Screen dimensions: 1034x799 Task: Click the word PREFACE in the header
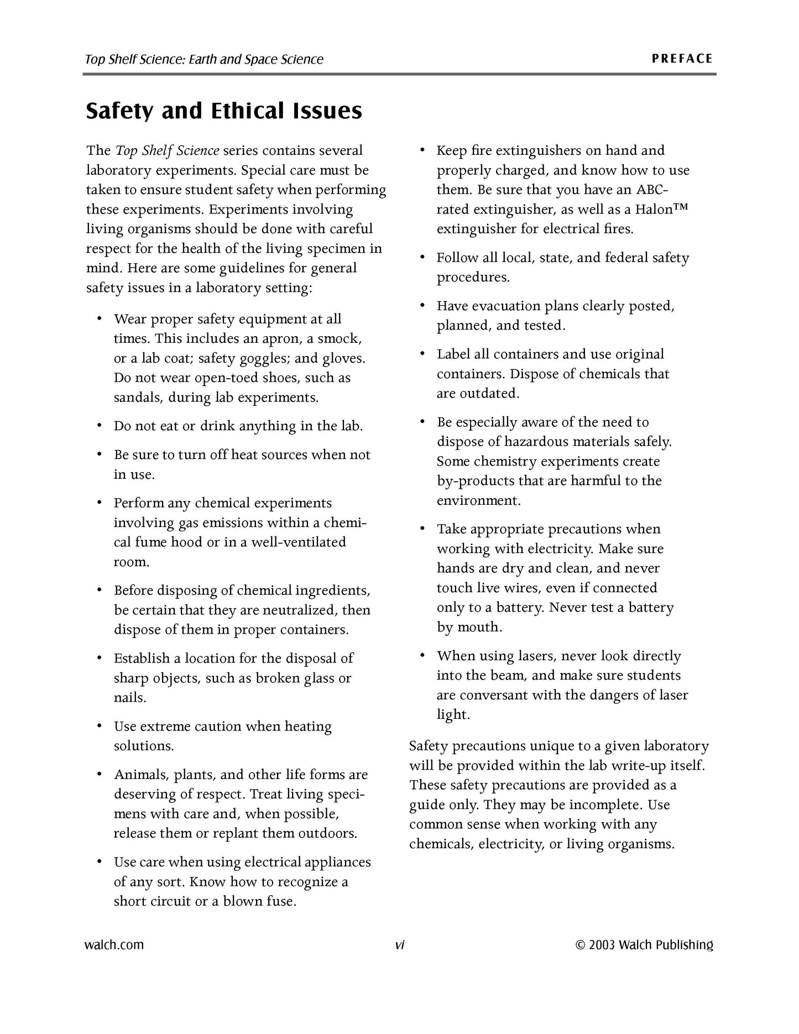[x=682, y=59]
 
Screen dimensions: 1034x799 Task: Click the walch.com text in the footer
[x=114, y=944]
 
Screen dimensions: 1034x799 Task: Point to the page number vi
[x=399, y=945]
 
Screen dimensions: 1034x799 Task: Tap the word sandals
[x=138, y=398]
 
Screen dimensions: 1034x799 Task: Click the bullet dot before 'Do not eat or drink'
[x=99, y=426]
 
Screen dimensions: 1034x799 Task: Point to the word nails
[x=129, y=697]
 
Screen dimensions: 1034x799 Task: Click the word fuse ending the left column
[x=281, y=901]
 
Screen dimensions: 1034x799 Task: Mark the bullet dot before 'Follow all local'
[x=422, y=257]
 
